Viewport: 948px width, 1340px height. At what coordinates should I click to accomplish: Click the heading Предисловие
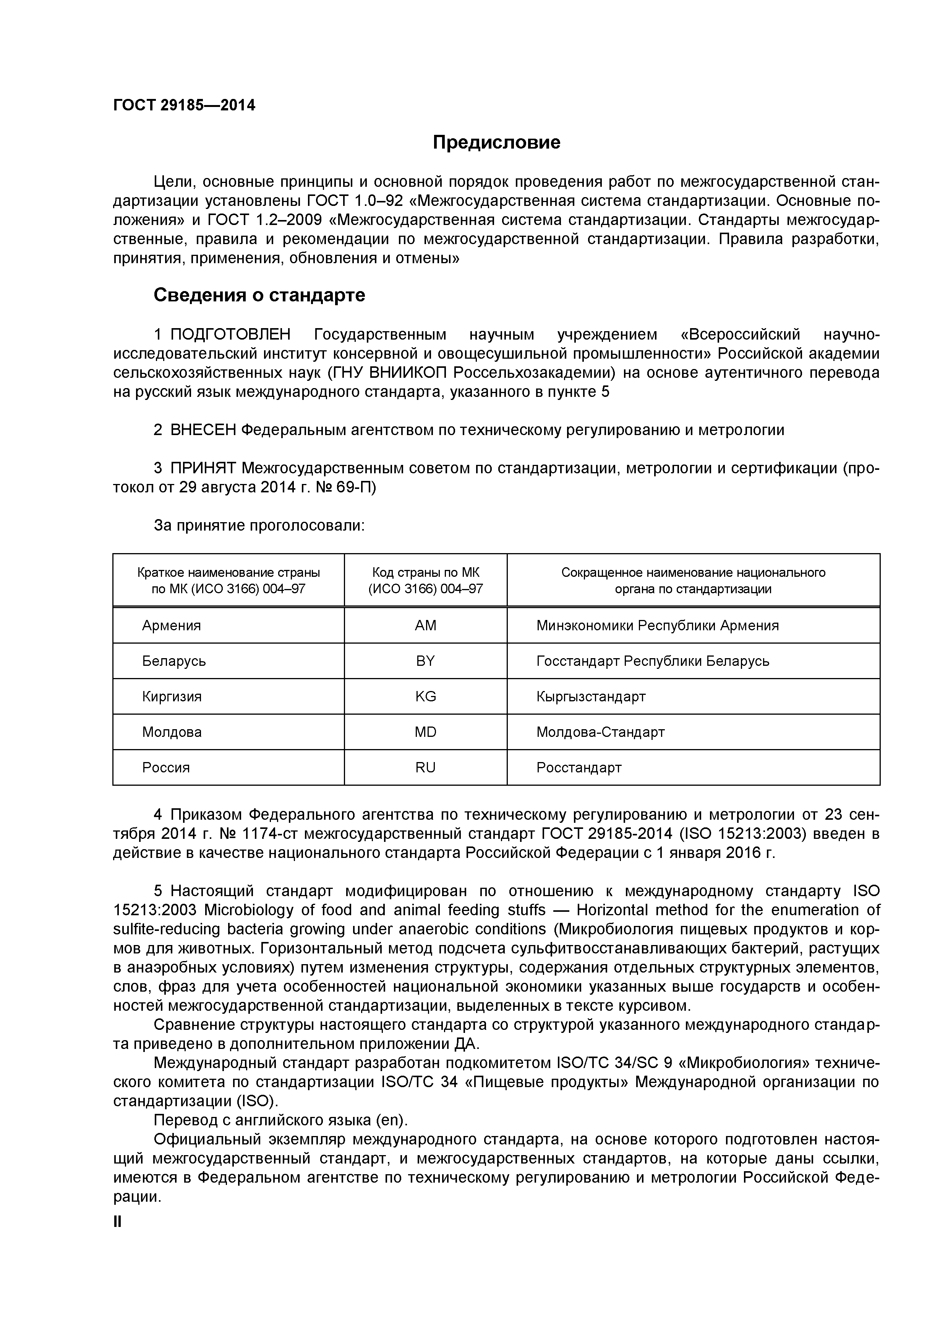496,142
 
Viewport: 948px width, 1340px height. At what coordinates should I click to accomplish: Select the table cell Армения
171,626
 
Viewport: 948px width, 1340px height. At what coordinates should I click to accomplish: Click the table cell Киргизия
172,696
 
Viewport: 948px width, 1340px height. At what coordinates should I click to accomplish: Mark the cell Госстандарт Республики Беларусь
653,661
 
